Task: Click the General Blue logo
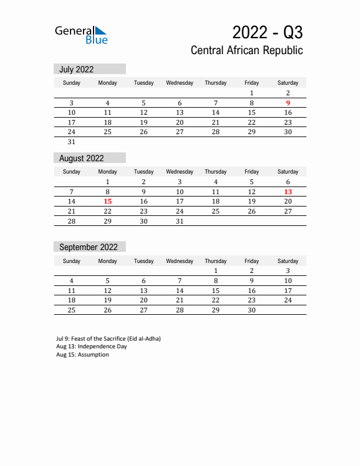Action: coord(81,34)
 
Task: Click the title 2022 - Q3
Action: coord(267,31)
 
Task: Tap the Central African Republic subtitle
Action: coord(246,51)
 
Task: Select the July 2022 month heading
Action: coord(76,69)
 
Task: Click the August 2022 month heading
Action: coord(81,158)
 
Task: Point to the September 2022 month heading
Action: coord(88,247)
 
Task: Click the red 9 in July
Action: coord(288,103)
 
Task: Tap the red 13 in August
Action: coord(288,192)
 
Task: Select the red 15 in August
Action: coord(108,201)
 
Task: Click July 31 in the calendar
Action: coord(72,142)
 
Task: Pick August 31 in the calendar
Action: coord(180,221)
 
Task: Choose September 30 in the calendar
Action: coord(252,310)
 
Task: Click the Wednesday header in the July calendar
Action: coord(180,83)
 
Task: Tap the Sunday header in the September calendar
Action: coord(72,261)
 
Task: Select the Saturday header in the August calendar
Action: coord(288,172)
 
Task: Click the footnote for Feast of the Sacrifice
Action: coord(108,339)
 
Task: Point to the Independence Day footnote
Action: coord(91,347)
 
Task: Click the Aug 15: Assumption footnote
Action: coord(82,354)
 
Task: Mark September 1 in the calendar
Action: coord(216,271)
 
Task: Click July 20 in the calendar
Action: coord(180,122)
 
